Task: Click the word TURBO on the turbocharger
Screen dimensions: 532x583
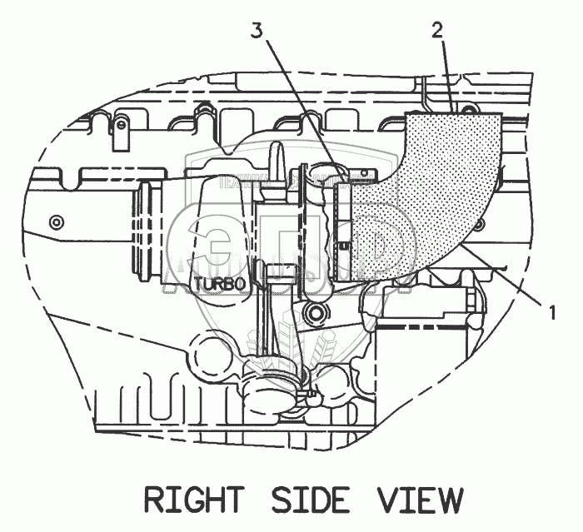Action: point(220,283)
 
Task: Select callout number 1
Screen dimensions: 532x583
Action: point(551,312)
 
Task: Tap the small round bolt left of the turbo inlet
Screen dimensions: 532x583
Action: point(57,222)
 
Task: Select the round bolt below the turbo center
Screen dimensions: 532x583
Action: point(316,311)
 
